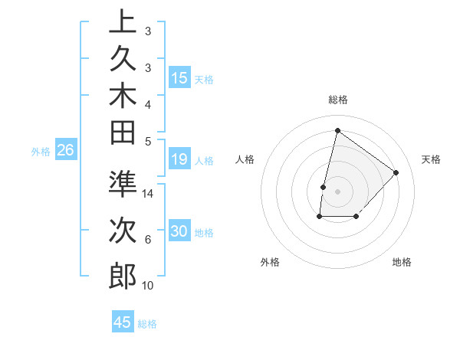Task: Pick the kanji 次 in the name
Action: coord(123,227)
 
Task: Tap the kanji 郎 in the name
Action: coord(123,275)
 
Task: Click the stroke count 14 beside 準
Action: coord(149,194)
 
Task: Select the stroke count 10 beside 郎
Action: coord(148,286)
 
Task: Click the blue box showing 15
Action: coord(179,77)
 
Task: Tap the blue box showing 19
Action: coord(179,159)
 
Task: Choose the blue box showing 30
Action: coord(179,232)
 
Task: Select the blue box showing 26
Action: coord(66,151)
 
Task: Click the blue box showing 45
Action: coord(123,322)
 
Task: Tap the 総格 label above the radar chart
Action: coord(338,100)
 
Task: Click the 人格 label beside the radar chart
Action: coord(245,159)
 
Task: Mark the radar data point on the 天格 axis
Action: coord(396,172)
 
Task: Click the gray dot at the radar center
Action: coord(337,191)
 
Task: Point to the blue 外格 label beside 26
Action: coord(41,152)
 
